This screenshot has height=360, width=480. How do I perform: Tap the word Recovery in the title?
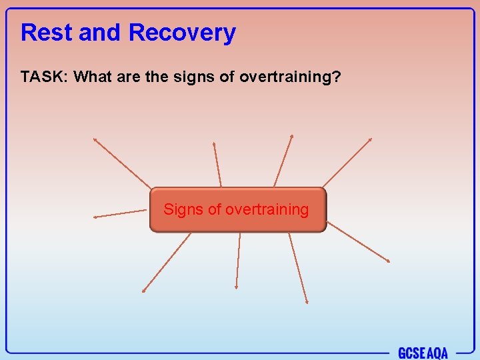[182, 32]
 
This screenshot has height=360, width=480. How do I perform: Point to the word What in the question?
[93, 77]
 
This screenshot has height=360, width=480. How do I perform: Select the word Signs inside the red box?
[183, 209]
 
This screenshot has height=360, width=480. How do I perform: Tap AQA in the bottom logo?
[437, 353]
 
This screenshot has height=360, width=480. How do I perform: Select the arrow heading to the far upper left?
[121, 162]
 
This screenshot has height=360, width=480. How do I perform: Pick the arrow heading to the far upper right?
[347, 163]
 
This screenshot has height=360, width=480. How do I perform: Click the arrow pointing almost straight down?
[237, 260]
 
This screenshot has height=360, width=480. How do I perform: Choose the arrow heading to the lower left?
[167, 262]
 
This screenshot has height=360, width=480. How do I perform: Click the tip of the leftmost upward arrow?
[94, 139]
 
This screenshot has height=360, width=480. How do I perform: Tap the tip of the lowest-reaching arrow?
[307, 303]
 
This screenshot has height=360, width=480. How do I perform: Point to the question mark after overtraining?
[337, 77]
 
